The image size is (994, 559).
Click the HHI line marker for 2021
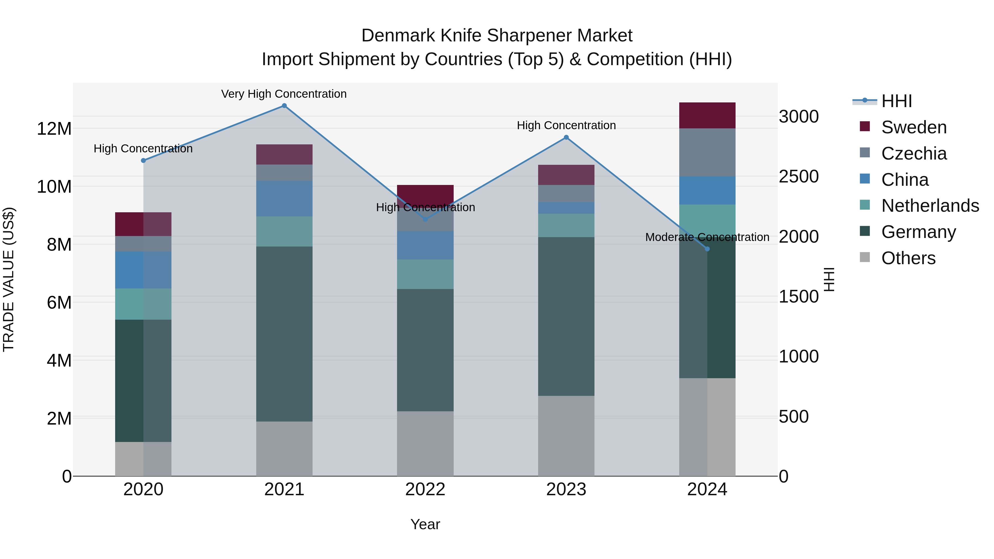pos(284,106)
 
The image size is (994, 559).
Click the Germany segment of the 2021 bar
pos(284,334)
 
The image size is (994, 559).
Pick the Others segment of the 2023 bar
pos(566,436)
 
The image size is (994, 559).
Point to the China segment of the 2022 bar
pos(425,245)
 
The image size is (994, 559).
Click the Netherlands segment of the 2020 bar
pos(143,304)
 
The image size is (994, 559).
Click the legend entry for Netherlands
pos(930,206)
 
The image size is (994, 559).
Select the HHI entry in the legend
pos(896,101)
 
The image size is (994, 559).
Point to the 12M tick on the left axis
pos(54,128)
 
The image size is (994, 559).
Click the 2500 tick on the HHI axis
pos(798,177)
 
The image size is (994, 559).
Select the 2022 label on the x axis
pos(425,489)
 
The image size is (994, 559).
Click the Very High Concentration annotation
pos(284,94)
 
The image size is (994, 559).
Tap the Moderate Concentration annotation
pos(707,237)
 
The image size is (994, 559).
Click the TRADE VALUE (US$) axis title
pos(9,279)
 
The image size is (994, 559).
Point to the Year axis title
pos(425,524)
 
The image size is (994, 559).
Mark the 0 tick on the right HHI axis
pos(783,476)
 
